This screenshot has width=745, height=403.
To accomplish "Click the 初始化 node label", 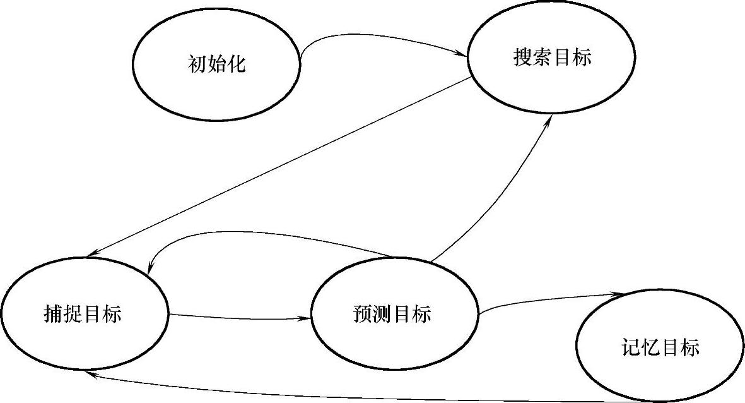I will [x=216, y=64].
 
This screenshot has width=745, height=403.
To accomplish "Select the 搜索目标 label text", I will [x=552, y=58].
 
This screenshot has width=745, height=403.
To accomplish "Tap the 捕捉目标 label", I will [x=83, y=313].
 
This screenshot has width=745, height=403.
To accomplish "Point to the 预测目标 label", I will [x=392, y=313].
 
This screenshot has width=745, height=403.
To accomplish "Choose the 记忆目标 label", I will [x=660, y=347].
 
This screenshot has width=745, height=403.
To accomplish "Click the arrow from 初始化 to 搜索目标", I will [x=378, y=39].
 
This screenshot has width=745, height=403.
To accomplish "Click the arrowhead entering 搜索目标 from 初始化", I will [x=462, y=55].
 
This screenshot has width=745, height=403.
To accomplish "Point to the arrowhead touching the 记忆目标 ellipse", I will [x=625, y=294].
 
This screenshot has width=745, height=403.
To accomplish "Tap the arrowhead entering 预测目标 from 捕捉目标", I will [x=308, y=318].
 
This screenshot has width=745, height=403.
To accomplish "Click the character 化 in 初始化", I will [x=236, y=64].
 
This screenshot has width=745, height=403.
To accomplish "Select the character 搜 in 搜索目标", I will [x=523, y=58].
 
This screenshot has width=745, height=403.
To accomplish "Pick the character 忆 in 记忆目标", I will [x=651, y=347].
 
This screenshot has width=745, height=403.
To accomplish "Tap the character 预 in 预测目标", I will [x=364, y=313].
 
